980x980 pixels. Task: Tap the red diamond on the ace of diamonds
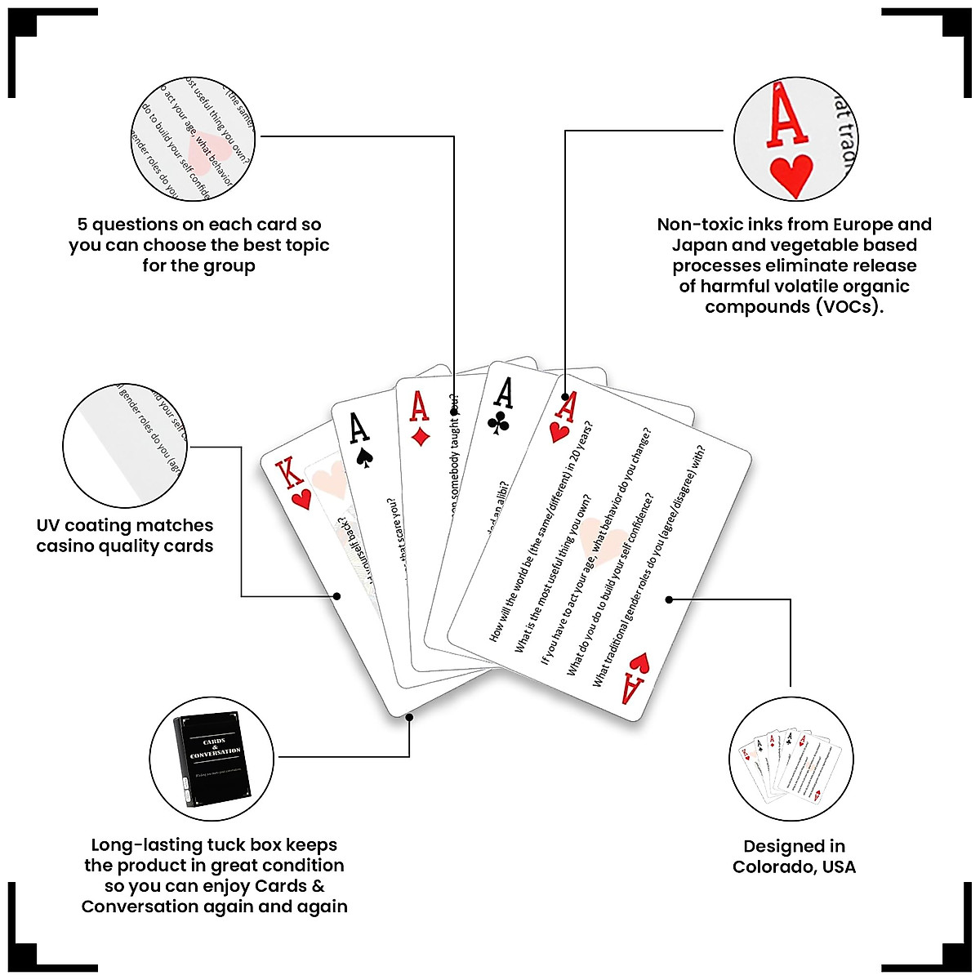pyautogui.click(x=421, y=436)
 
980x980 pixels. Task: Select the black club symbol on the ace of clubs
pyautogui.click(x=500, y=423)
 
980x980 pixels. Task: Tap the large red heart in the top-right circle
pyautogui.click(x=791, y=175)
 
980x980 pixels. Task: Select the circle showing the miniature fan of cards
pyautogui.click(x=791, y=759)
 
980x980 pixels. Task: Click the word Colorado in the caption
pyautogui.click(x=775, y=866)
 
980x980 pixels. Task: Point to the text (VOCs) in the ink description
pyautogui.click(x=849, y=307)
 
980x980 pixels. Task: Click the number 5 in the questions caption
pyautogui.click(x=82, y=225)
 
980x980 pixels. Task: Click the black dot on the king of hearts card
pyautogui.click(x=337, y=596)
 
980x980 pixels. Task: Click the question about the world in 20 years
pyautogui.click(x=540, y=531)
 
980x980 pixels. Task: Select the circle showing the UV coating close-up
pyautogui.click(x=125, y=446)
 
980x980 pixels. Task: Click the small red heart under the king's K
pyautogui.click(x=301, y=499)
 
